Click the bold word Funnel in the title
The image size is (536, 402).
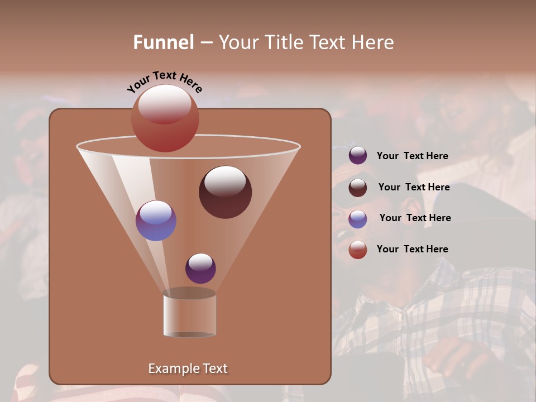coord(164,42)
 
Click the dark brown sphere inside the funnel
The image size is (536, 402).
coord(225,193)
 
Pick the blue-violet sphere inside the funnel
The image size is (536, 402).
coord(156,221)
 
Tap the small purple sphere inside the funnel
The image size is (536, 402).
coord(200,269)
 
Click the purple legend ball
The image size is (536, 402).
coord(358,156)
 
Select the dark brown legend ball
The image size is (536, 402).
coord(358,187)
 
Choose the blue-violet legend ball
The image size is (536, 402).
coord(358,218)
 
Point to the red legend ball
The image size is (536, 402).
coord(358,249)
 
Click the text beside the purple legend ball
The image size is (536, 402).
coord(412,156)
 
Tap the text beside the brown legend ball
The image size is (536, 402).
coord(414,187)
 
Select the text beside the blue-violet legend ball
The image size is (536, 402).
coord(415,218)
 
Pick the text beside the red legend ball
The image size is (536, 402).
coord(412,249)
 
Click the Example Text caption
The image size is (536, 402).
coord(188,368)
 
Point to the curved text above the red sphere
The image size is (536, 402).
coord(164,81)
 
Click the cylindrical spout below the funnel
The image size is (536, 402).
coord(189,314)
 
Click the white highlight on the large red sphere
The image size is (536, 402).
coord(164,104)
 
